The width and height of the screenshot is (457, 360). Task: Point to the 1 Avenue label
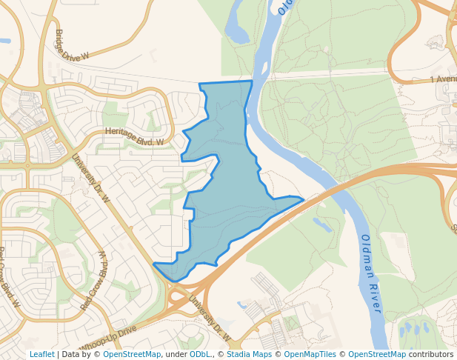(443, 79)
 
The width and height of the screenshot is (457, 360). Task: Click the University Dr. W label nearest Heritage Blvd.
(90, 178)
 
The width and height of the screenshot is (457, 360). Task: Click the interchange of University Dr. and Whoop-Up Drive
(175, 290)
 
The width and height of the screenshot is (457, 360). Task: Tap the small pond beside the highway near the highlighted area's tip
(322, 224)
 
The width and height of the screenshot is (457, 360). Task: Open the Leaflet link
(41, 355)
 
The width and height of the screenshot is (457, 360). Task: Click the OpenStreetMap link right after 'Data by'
(132, 355)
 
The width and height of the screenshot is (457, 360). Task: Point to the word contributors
(431, 355)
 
